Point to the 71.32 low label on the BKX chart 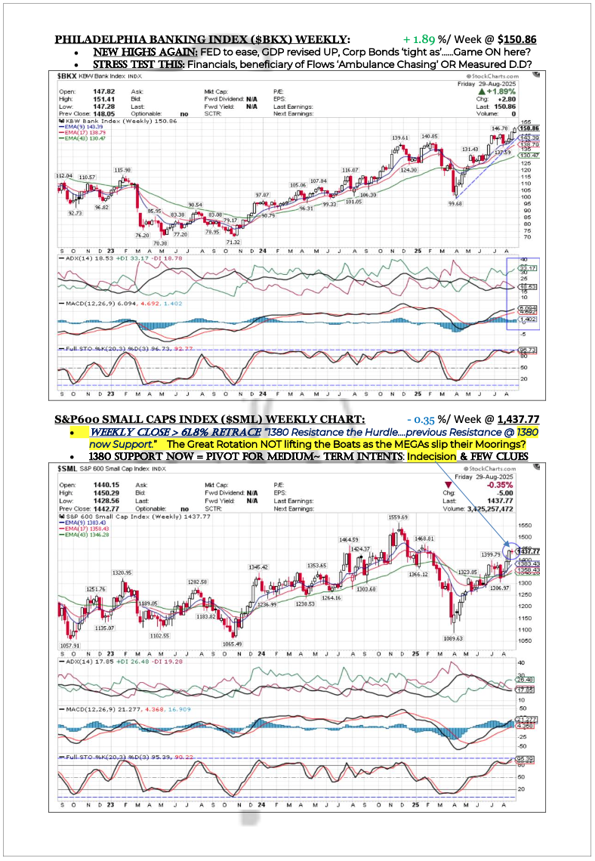pyautogui.click(x=233, y=242)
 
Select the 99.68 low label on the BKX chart pyautogui.click(x=455, y=202)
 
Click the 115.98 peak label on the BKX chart pyautogui.click(x=122, y=170)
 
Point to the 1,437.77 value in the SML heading pyautogui.click(x=516, y=418)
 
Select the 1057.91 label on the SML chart pyautogui.click(x=69, y=646)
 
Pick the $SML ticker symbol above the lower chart pyautogui.click(x=69, y=468)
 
